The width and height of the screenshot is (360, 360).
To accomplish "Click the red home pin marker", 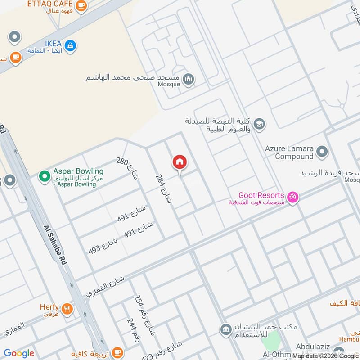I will click(179, 162).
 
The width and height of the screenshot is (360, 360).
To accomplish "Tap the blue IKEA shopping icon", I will click(70, 45).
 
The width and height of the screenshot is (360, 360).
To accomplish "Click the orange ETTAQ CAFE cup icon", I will click(81, 5).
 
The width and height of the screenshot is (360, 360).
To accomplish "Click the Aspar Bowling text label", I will click(78, 171).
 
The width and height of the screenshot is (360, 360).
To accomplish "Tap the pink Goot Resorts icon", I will click(293, 197).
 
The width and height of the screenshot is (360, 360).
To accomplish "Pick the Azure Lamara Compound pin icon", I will click(321, 152).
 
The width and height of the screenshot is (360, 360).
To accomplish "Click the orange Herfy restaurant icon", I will click(67, 309).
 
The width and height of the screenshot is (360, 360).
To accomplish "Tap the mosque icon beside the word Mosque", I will click(189, 80).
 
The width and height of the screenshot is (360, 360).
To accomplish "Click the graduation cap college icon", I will click(259, 123).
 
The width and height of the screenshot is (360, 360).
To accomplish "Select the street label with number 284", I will click(164, 189).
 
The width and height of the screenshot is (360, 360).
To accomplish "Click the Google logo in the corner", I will click(19, 353).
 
